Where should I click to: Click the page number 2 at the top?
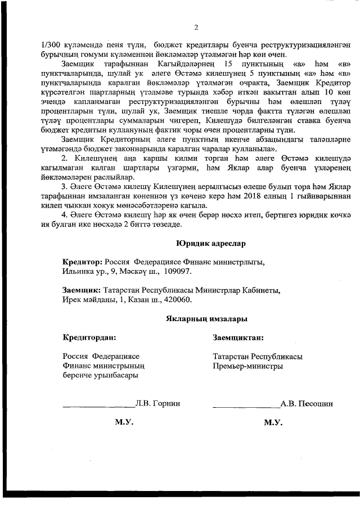[x=196, y=28]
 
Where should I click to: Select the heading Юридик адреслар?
[x=207, y=244]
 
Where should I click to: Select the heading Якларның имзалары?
[x=207, y=319]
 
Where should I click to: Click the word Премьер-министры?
[x=247, y=366]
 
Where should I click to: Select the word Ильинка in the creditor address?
[x=78, y=271]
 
